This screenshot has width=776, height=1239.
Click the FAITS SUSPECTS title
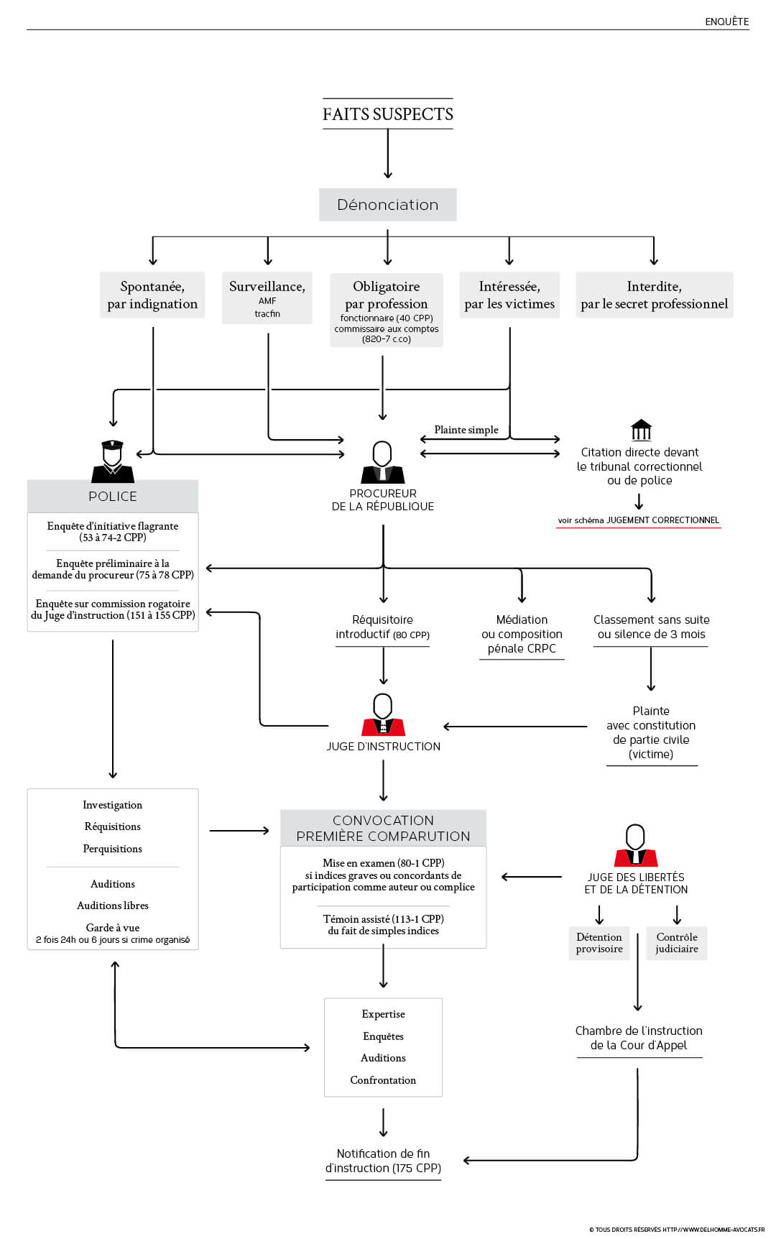tap(388, 114)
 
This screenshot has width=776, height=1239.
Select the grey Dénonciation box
tap(388, 205)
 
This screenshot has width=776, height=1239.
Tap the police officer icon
tap(113, 461)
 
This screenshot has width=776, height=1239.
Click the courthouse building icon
tap(641, 430)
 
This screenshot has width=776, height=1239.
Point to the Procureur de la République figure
tap(382, 462)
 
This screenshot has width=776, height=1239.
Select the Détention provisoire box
tap(599, 943)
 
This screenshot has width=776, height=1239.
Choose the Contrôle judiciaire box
tap(677, 943)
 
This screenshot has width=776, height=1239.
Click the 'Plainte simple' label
tap(466, 430)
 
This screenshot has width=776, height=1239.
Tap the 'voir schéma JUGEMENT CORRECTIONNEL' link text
tap(639, 520)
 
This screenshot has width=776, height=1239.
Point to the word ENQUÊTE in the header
tap(727, 22)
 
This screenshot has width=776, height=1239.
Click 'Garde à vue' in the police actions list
tap(113, 928)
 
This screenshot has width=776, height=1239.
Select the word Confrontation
tap(383, 1080)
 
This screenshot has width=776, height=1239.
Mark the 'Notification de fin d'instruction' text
tap(383, 1161)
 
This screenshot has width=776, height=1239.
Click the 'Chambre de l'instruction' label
tap(639, 1031)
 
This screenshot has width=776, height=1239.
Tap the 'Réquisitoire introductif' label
tap(382, 627)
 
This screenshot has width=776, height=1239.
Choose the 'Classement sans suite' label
tap(652, 619)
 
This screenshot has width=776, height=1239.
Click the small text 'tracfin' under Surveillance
tap(267, 313)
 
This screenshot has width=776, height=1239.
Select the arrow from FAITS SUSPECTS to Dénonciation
tap(388, 154)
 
